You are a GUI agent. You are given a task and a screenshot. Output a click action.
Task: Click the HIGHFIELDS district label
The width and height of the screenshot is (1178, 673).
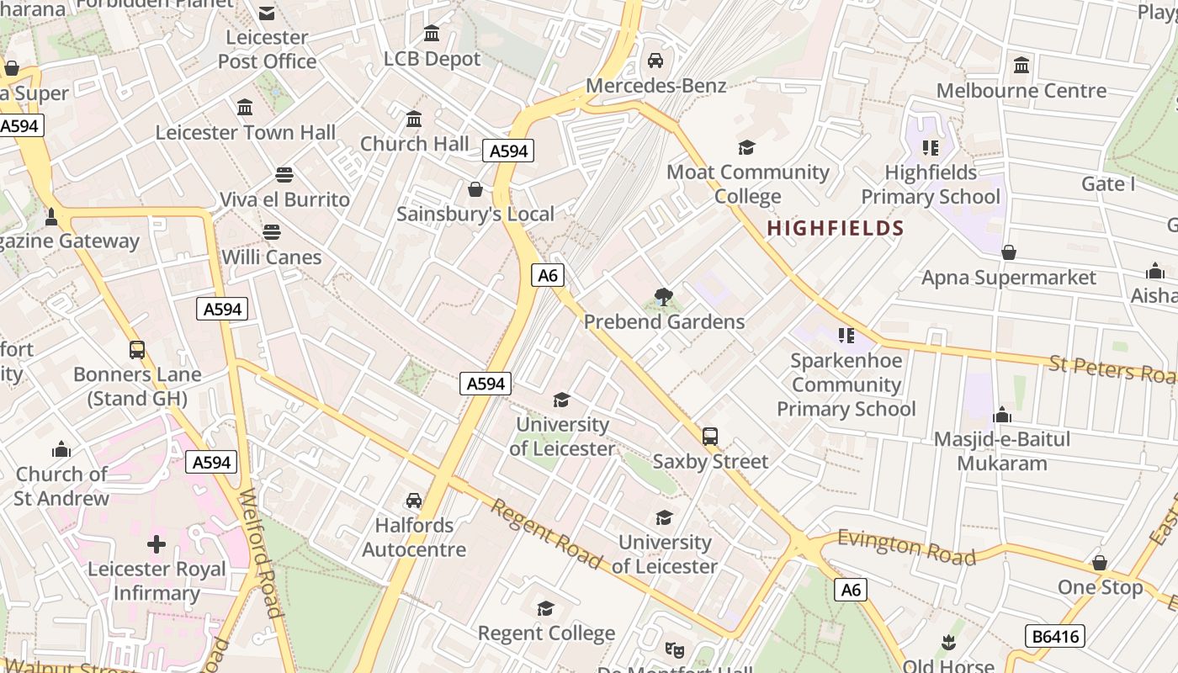click(x=836, y=228)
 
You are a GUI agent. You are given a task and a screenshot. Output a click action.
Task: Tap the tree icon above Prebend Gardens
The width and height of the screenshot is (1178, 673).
click(x=664, y=297)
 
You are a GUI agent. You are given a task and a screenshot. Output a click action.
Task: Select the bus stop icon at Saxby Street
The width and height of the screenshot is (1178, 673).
click(x=710, y=437)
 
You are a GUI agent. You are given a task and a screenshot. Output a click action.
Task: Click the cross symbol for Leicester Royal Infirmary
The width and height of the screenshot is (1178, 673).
click(x=157, y=544)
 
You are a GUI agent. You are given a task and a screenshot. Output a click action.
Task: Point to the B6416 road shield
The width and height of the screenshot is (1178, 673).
click(x=1055, y=636)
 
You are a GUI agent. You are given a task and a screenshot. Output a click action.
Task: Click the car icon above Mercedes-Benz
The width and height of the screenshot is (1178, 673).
click(x=655, y=61)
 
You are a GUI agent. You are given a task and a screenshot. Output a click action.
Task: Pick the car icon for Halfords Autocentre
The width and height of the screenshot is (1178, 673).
click(x=414, y=501)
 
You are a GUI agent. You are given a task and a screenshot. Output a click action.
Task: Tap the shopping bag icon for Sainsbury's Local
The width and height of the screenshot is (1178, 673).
click(x=475, y=189)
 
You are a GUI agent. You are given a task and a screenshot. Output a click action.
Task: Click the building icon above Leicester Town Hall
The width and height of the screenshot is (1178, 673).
click(x=245, y=108)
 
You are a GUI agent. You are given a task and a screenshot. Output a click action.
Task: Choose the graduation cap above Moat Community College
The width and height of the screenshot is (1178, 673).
click(x=746, y=148)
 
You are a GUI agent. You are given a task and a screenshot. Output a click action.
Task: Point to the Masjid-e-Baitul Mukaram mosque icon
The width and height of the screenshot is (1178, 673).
click(x=1001, y=415)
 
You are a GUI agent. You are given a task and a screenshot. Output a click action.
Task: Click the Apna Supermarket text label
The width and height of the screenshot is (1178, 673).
click(x=1009, y=278)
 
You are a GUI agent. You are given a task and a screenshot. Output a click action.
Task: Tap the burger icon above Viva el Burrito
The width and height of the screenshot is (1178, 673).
click(x=284, y=175)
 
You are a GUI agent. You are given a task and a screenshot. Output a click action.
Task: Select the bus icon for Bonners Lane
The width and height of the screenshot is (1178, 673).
click(x=137, y=350)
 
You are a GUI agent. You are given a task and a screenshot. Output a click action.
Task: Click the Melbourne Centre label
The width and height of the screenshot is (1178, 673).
click(x=1021, y=90)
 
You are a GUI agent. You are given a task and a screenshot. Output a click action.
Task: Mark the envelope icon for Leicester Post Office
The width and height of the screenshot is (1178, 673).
click(x=267, y=13)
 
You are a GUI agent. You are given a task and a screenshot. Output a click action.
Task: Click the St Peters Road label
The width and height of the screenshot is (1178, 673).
click(x=1112, y=369)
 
